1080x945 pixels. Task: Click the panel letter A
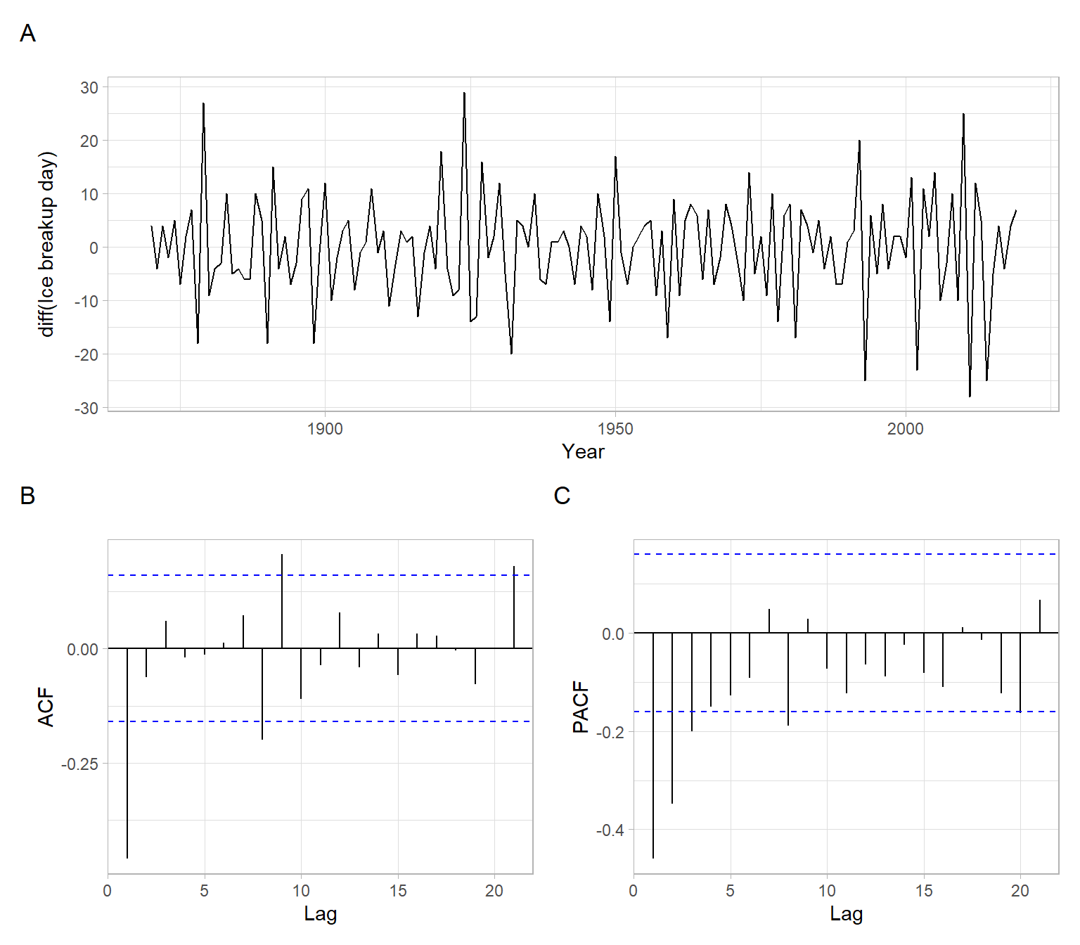coord(27,34)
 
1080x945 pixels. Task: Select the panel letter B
coord(27,496)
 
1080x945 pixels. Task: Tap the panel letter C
coord(562,496)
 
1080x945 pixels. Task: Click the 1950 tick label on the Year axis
coord(615,429)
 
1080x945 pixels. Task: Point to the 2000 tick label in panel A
coord(905,429)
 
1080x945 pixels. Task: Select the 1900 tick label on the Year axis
coord(325,429)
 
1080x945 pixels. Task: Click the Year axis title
coord(583,451)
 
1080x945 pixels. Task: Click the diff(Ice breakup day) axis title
coord(46,244)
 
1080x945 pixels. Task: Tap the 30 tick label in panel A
coord(89,88)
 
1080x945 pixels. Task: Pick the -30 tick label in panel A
coord(86,409)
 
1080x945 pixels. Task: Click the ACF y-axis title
coord(46,707)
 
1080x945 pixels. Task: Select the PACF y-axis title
coord(581,707)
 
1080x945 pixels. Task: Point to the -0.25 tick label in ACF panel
coord(79,764)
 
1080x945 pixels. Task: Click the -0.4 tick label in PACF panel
coord(610,830)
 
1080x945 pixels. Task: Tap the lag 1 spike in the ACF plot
coord(127,752)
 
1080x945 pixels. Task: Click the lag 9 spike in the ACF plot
coord(282,601)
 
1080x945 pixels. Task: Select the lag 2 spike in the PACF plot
coord(672,717)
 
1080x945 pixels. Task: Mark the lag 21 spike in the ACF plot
coord(514,607)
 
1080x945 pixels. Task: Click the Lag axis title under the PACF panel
coord(846,913)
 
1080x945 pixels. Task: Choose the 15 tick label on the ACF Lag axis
coord(398,891)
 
